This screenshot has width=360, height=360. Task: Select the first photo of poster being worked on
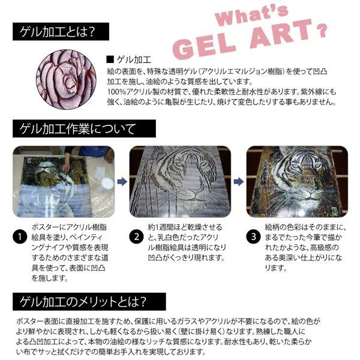63,179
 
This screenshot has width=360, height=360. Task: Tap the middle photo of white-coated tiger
181,179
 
